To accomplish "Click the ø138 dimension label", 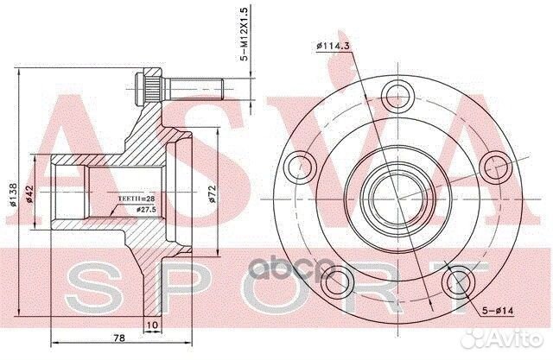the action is tap(12, 194).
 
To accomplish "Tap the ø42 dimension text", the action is tap(29, 194).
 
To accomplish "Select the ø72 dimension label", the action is tap(212, 194).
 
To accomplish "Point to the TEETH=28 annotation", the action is tap(137, 199).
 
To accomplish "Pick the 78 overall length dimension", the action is tap(119, 338).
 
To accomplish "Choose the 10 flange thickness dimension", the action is tap(152, 324).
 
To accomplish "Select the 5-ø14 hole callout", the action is tap(498, 311).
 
